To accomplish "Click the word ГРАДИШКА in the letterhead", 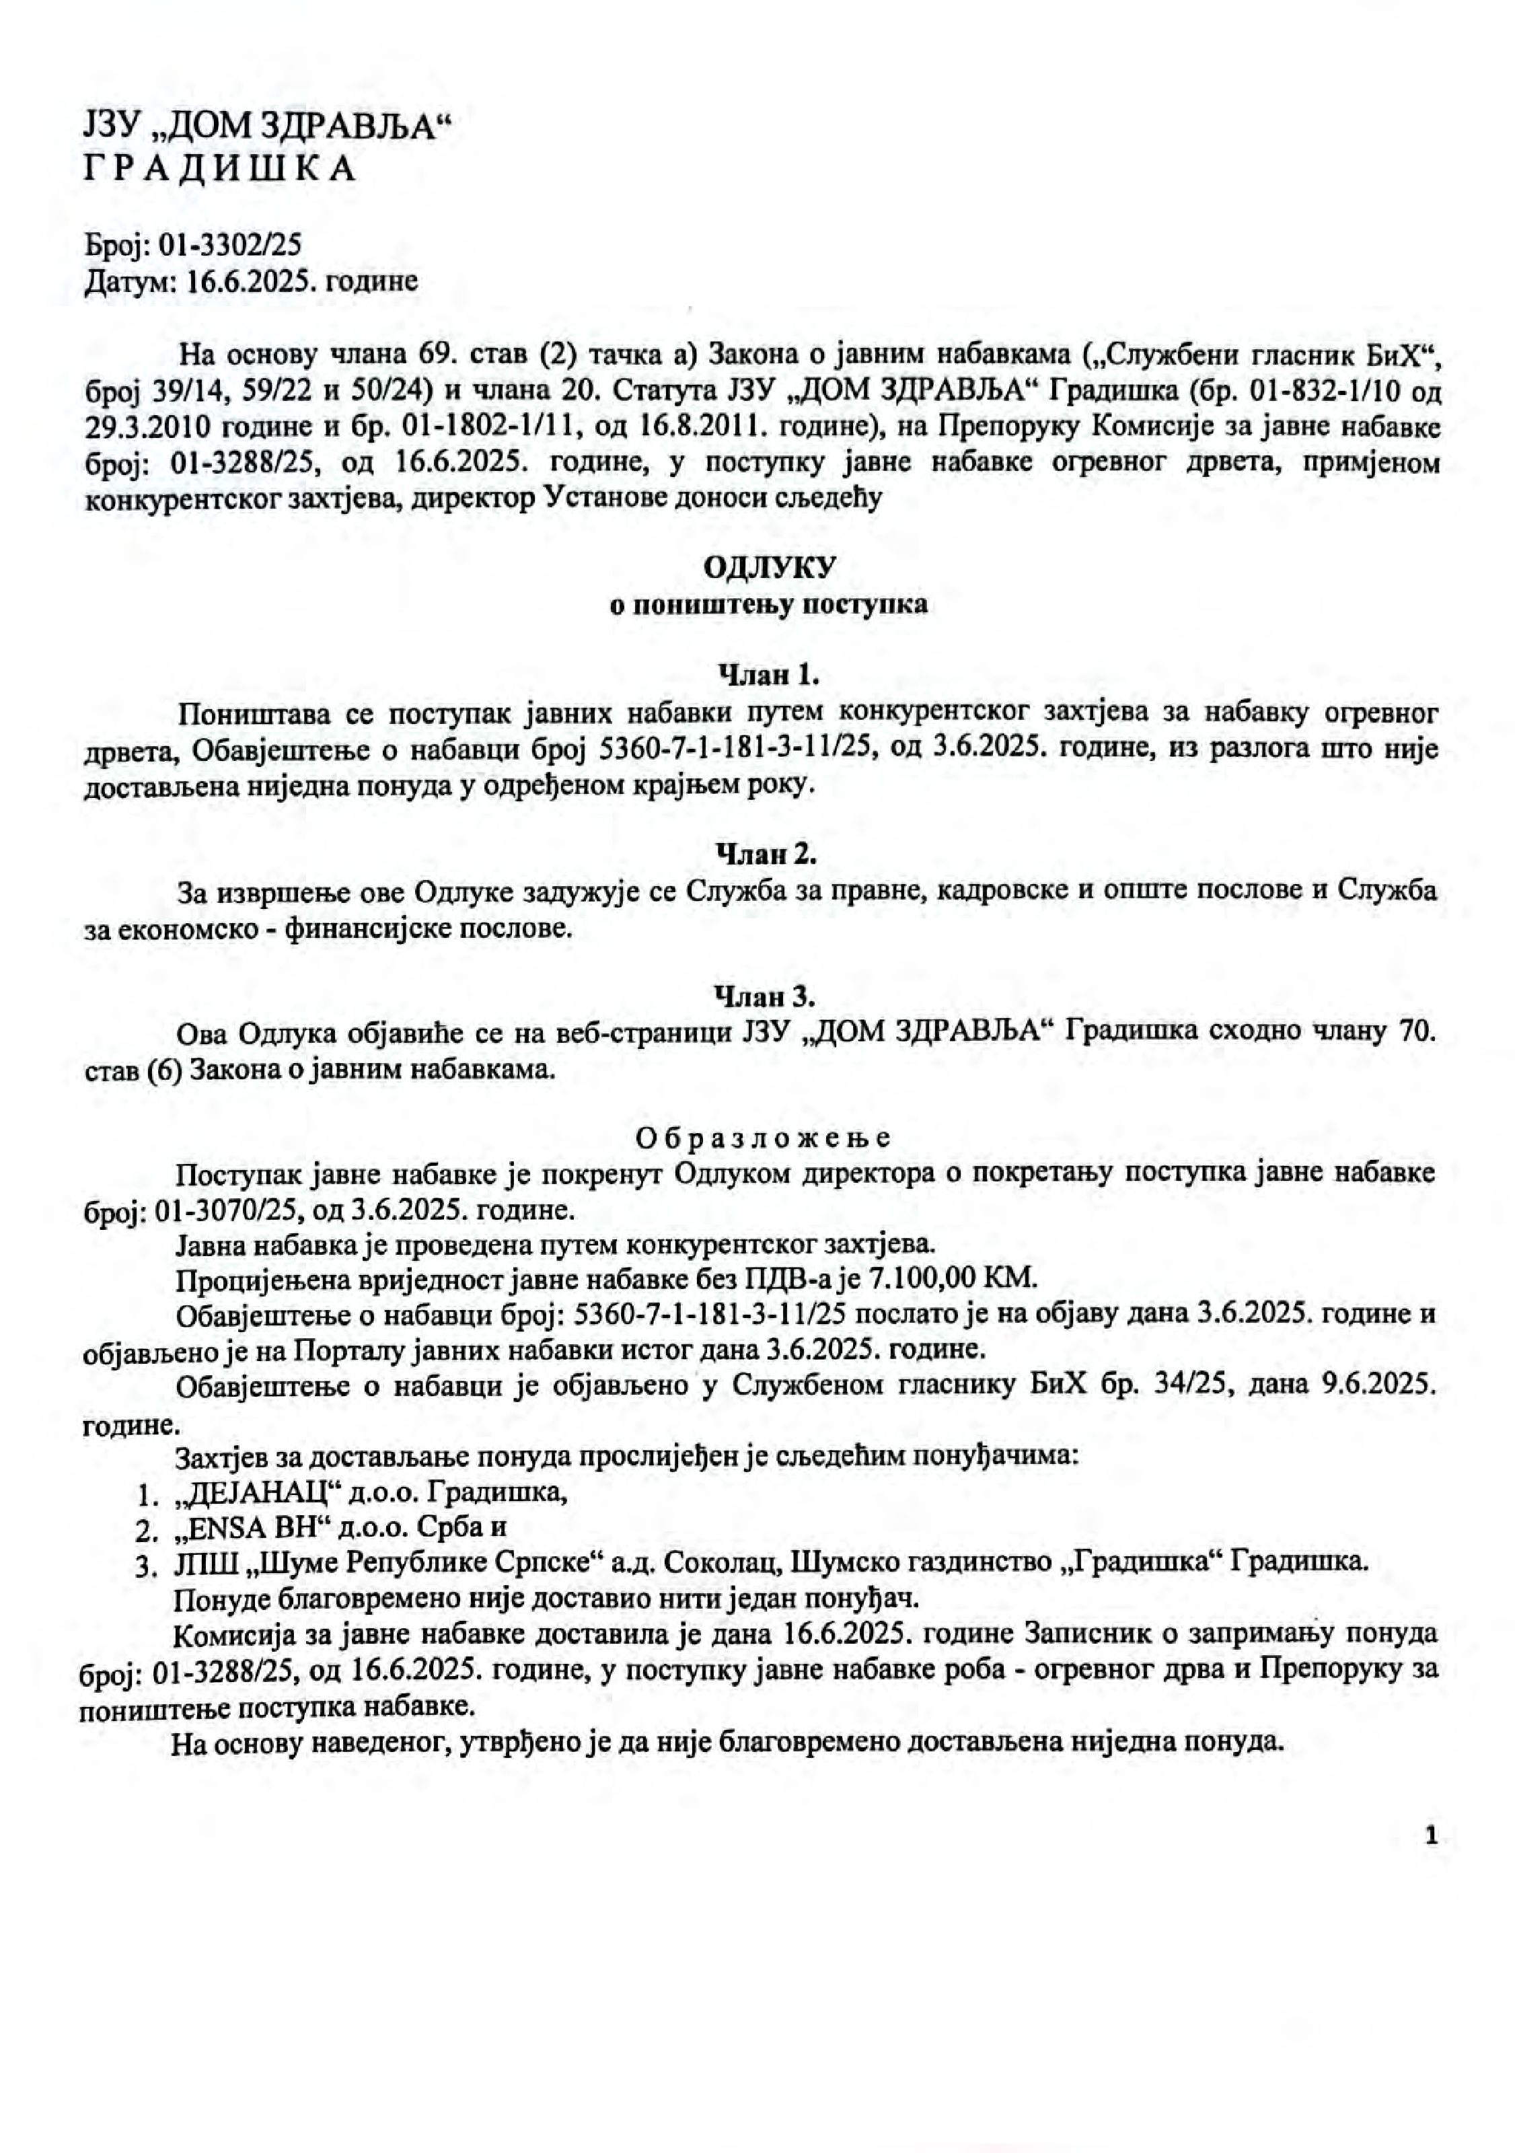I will point(219,169).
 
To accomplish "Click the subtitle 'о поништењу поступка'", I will point(769,604).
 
